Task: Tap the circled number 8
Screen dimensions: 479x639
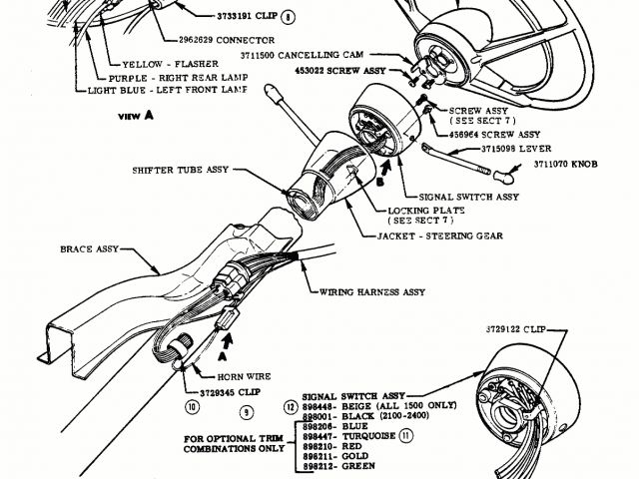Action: [290, 17]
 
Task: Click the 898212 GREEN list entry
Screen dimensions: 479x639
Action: [338, 467]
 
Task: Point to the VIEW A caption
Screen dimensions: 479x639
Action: [136, 115]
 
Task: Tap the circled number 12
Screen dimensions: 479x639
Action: [291, 408]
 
